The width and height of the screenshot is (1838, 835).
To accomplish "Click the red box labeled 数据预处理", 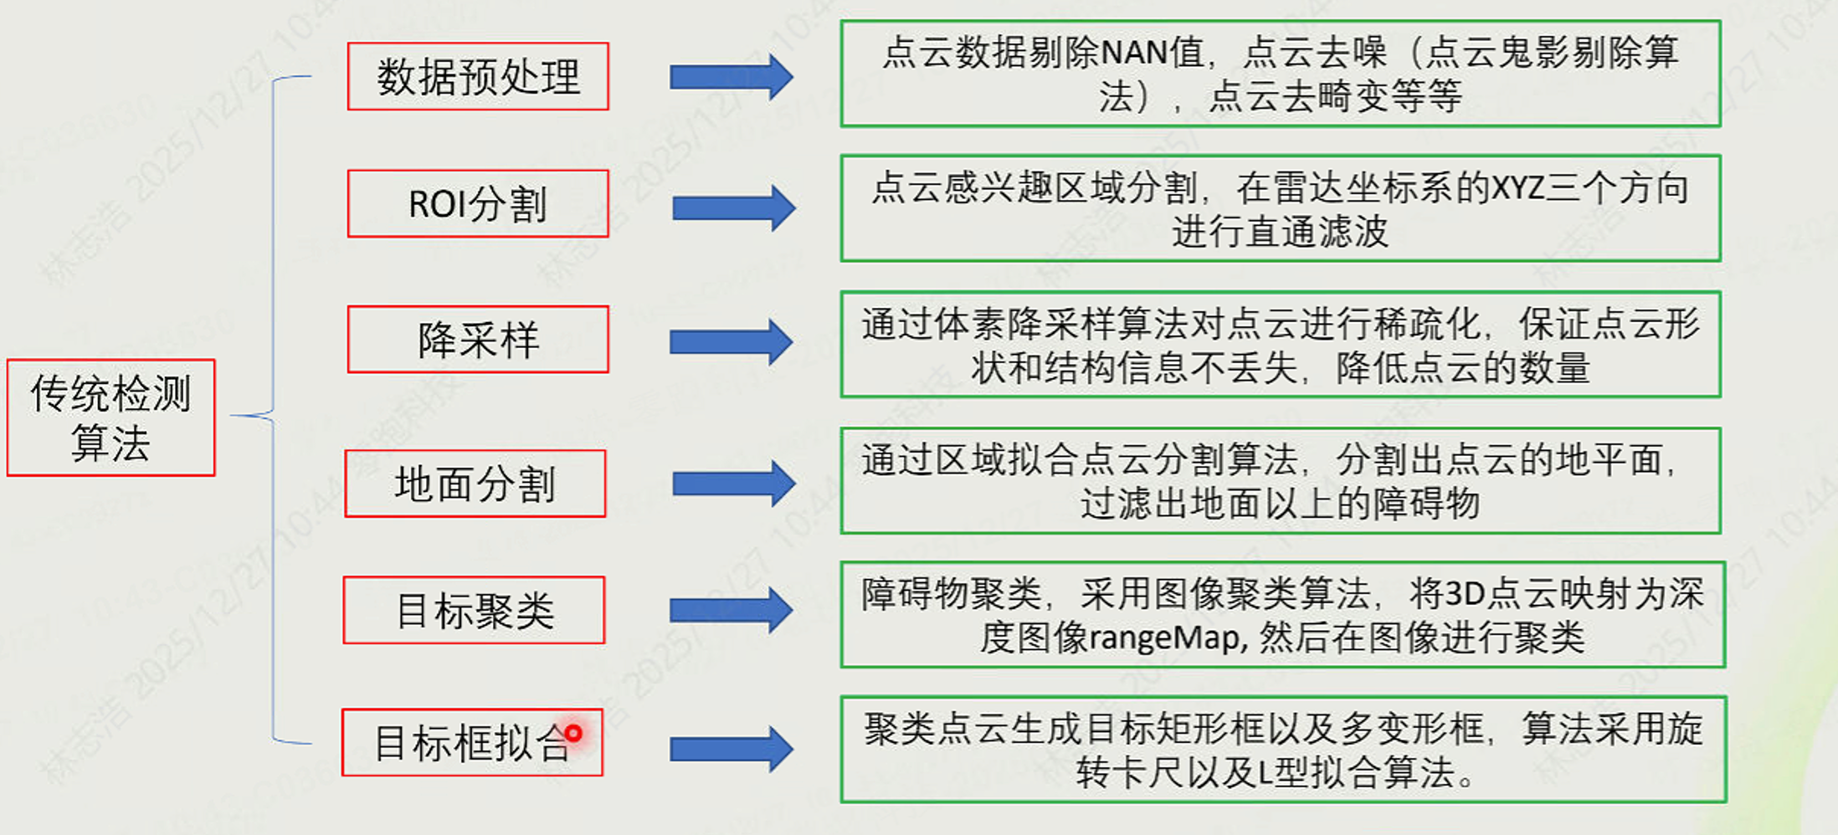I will [478, 76].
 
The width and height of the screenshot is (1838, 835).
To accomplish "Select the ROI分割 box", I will [478, 203].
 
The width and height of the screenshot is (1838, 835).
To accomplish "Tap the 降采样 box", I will [478, 339].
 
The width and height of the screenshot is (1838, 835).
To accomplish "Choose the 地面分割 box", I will [475, 484].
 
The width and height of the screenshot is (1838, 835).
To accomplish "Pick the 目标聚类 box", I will [474, 610].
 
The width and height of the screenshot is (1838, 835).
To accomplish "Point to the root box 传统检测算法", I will [110, 417].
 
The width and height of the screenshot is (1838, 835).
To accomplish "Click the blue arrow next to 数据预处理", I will [731, 77].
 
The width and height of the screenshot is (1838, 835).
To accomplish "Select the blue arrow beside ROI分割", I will [733, 207].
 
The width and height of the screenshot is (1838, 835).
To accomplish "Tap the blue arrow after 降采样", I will [731, 341].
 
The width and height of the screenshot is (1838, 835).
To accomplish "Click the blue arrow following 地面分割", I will [733, 484].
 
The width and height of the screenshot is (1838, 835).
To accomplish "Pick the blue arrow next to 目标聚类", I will [731, 610].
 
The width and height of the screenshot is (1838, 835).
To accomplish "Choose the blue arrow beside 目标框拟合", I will [731, 749].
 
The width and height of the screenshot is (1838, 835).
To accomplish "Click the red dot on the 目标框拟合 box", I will [573, 734].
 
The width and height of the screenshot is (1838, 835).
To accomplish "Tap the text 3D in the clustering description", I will [1465, 594].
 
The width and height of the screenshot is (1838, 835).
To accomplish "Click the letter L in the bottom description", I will [1265, 773].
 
